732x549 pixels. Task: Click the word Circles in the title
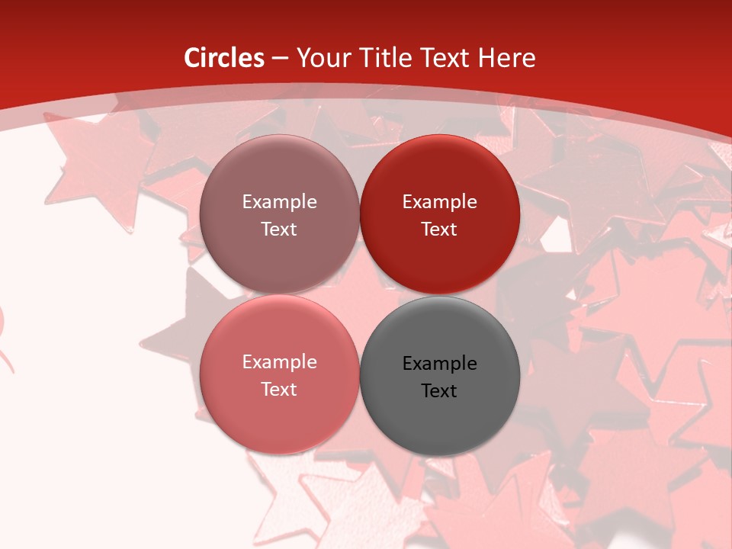(224, 58)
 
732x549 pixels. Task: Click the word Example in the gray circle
(439, 364)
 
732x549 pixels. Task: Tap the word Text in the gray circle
(439, 391)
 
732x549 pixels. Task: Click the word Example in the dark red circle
(439, 202)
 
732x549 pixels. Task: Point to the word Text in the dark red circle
(439, 230)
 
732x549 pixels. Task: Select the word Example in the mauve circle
(279, 202)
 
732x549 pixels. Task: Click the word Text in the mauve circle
(279, 230)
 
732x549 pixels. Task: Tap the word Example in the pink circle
(279, 362)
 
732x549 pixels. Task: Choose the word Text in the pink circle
(279, 390)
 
